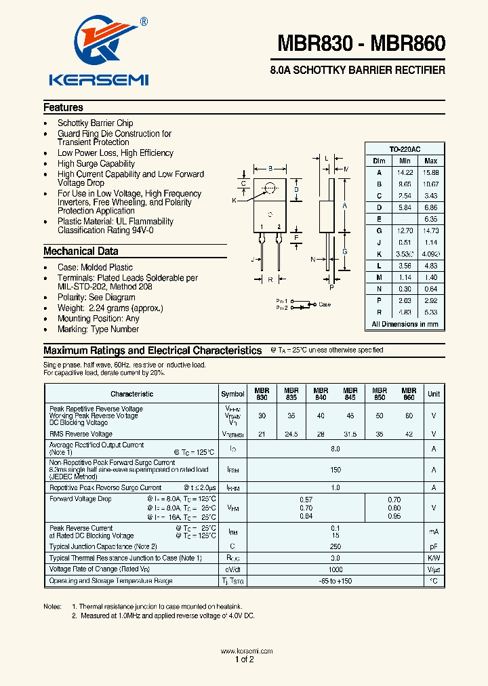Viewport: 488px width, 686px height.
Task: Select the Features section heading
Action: point(63,107)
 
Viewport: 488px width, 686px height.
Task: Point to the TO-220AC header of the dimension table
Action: point(405,149)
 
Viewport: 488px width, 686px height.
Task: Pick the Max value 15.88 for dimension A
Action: point(430,172)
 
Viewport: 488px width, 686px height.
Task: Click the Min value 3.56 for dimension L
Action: point(405,266)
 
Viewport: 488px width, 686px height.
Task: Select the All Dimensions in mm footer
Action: point(405,324)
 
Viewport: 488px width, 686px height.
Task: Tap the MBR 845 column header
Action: point(350,394)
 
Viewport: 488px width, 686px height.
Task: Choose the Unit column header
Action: point(433,394)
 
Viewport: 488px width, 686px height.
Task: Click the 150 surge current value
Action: point(335,470)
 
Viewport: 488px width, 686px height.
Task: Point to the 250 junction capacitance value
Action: point(335,546)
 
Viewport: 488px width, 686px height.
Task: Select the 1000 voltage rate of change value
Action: point(335,569)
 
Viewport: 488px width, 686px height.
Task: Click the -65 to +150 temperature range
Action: point(335,581)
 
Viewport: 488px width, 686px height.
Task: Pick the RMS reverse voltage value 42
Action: point(408,434)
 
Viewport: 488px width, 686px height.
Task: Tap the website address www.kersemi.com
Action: point(247,651)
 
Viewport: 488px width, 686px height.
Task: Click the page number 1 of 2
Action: point(244,660)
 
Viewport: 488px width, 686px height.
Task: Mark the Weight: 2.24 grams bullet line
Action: point(110,308)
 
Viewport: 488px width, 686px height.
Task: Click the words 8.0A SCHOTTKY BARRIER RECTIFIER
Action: point(357,70)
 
